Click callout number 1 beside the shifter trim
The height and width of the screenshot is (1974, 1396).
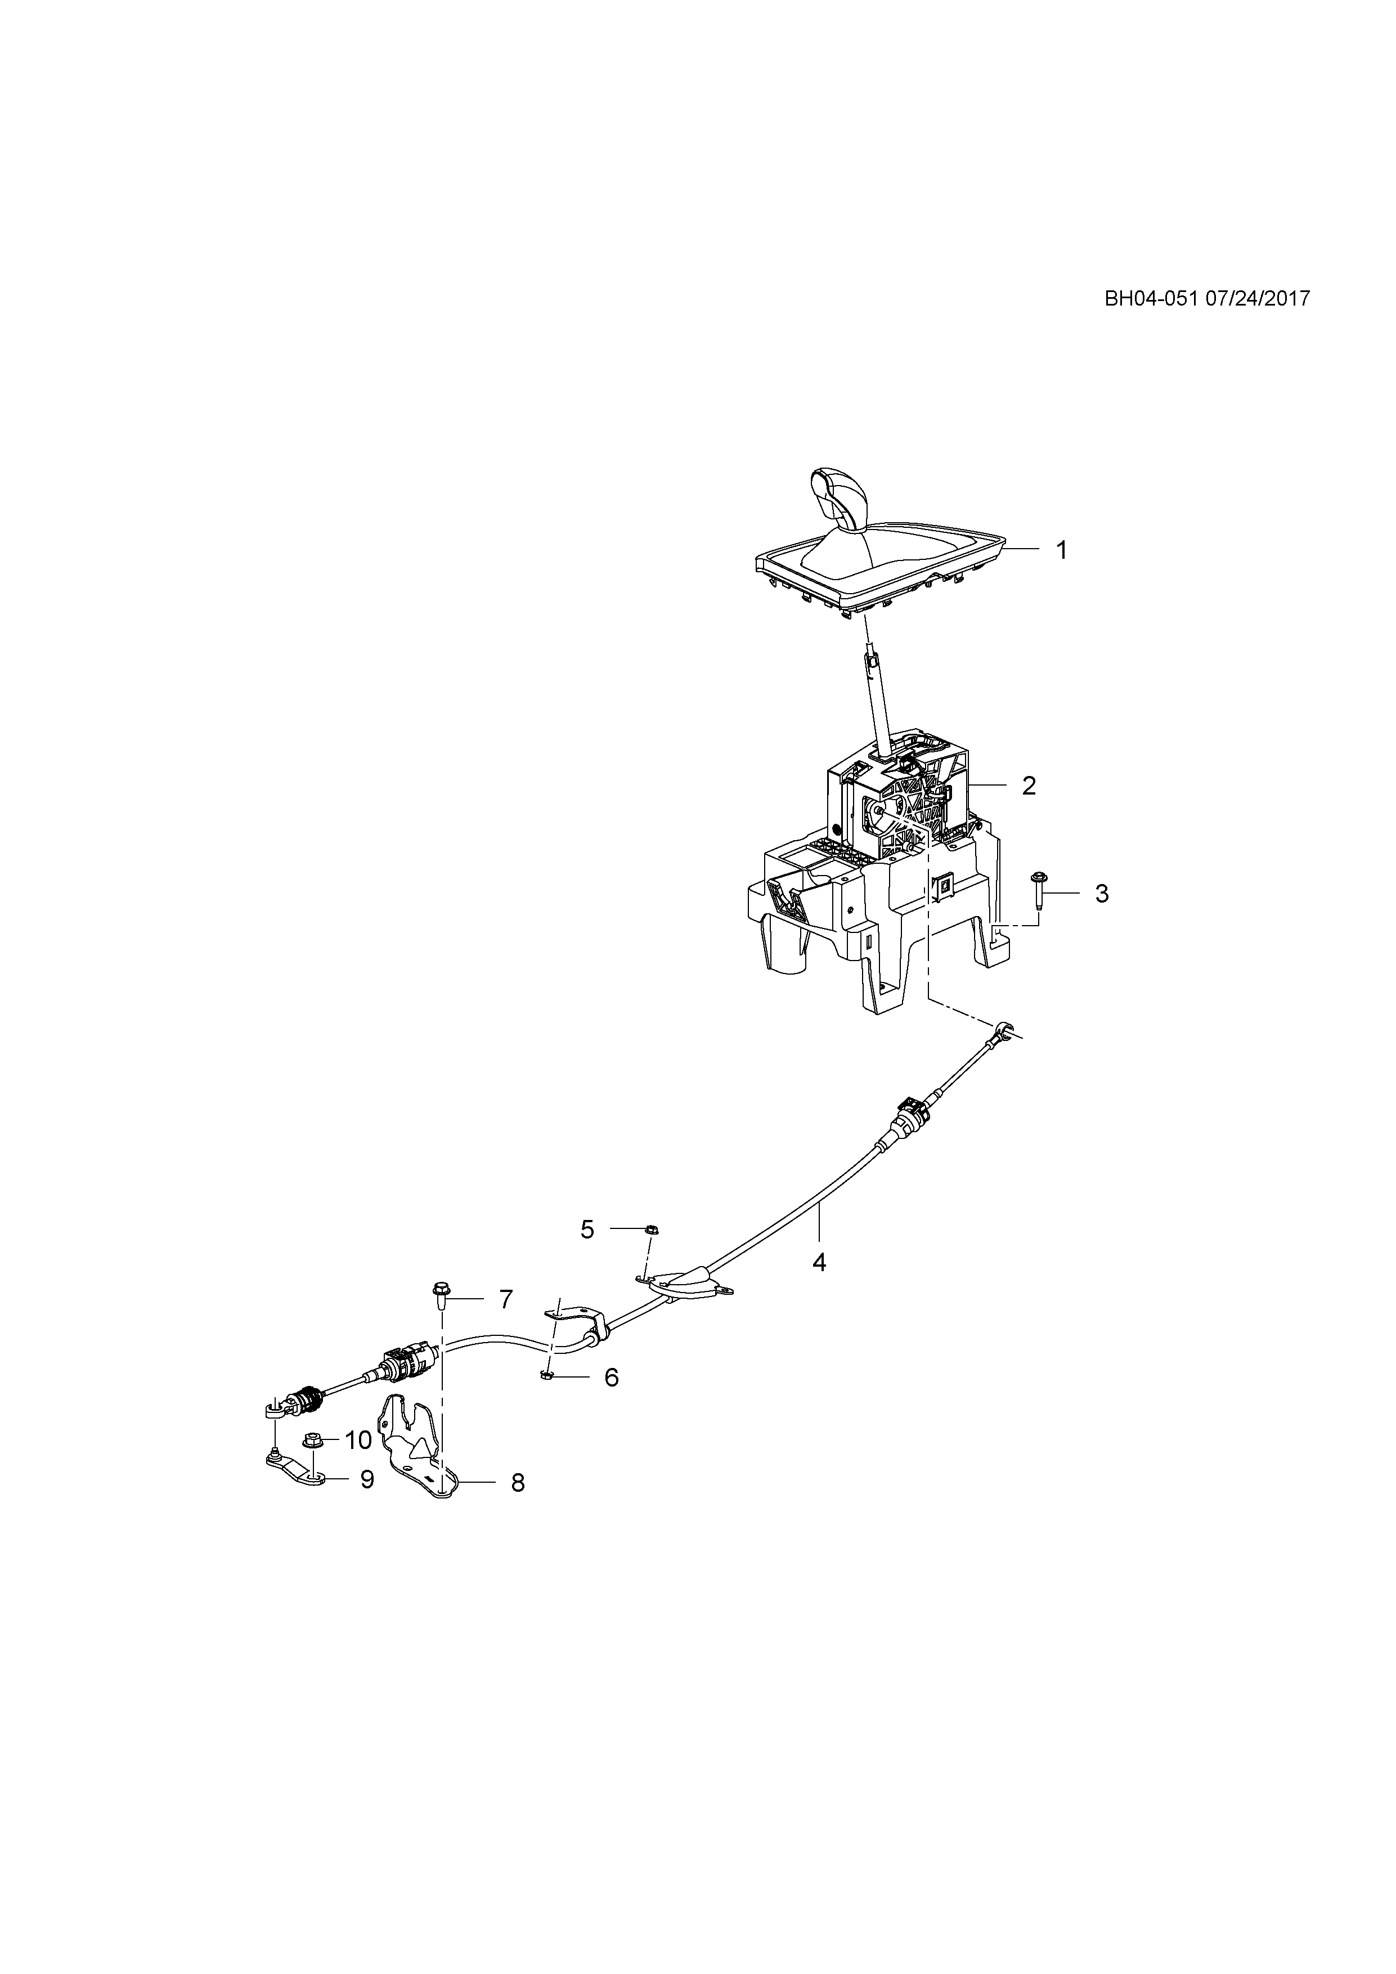click(1062, 550)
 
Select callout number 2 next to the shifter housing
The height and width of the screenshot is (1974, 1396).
click(1029, 785)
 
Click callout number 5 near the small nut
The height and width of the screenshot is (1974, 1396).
click(587, 1230)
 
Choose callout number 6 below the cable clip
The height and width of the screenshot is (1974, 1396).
click(611, 1378)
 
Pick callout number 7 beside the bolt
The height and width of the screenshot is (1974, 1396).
click(505, 1323)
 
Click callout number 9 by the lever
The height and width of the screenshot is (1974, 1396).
click(367, 1479)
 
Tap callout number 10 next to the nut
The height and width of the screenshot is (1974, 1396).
click(358, 1439)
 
